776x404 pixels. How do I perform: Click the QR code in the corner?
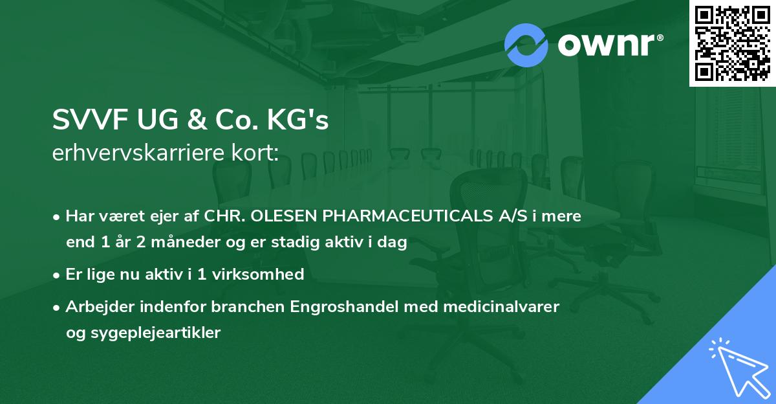[x=731, y=43]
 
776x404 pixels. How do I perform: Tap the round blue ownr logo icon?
[x=526, y=45]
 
